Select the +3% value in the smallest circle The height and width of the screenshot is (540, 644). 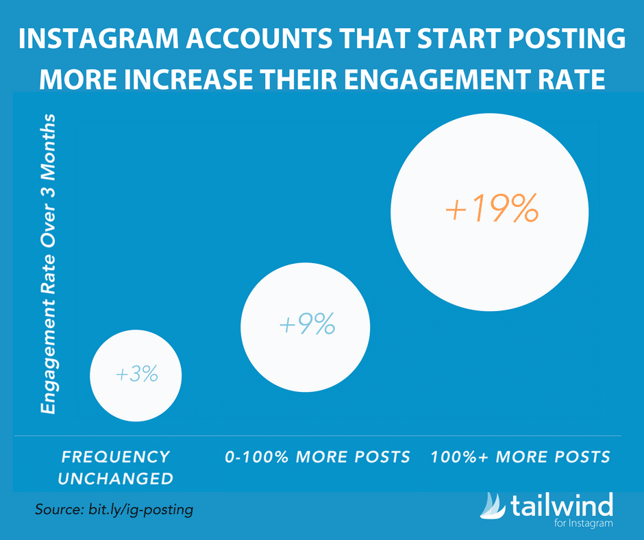[137, 374]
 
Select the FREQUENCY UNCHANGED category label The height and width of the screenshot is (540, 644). [115, 467]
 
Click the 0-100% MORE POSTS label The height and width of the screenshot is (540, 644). [318, 456]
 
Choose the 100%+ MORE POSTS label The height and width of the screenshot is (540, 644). [520, 456]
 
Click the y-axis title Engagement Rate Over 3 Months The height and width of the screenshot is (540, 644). [48, 265]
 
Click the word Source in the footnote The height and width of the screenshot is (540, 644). [60, 511]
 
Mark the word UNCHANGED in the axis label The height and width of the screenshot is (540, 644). [115, 478]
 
